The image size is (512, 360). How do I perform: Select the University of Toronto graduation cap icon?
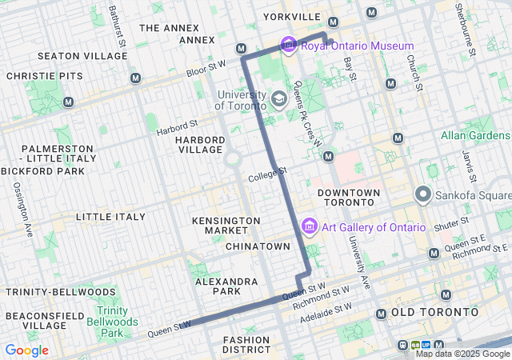[279, 100]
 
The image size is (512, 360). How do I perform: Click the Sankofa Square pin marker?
[422, 194]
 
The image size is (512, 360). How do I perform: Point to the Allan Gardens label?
[475, 135]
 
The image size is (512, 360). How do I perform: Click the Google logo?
[26, 350]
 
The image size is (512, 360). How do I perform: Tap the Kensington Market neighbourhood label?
[226, 226]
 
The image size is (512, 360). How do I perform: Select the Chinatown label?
[257, 246]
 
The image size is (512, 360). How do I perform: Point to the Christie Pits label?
[33, 75]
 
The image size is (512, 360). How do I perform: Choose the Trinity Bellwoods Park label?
[117, 322]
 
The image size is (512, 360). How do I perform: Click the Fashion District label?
[247, 345]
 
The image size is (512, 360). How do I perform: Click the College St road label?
[266, 173]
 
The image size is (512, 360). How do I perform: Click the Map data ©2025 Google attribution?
[462, 354]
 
